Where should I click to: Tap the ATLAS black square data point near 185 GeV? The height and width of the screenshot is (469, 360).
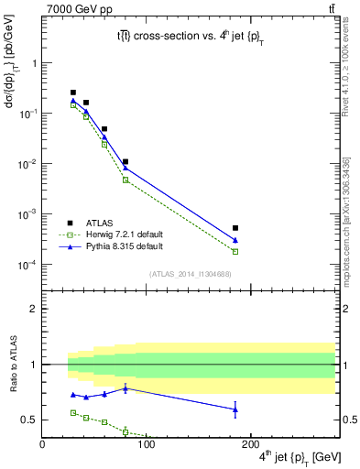pos(235,228)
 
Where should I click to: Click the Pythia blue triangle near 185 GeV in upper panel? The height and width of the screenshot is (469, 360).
pos(235,240)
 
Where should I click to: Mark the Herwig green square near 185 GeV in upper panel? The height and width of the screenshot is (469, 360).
pos(235,251)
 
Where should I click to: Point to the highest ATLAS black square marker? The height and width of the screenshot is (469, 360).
pos(73,93)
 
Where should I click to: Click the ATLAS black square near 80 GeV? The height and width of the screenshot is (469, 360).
pos(125,162)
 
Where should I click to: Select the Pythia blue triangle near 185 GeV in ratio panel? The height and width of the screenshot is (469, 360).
pos(235,409)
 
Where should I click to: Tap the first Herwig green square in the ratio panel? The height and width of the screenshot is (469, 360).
pos(73,413)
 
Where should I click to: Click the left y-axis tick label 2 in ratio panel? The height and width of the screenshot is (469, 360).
pos(33,309)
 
